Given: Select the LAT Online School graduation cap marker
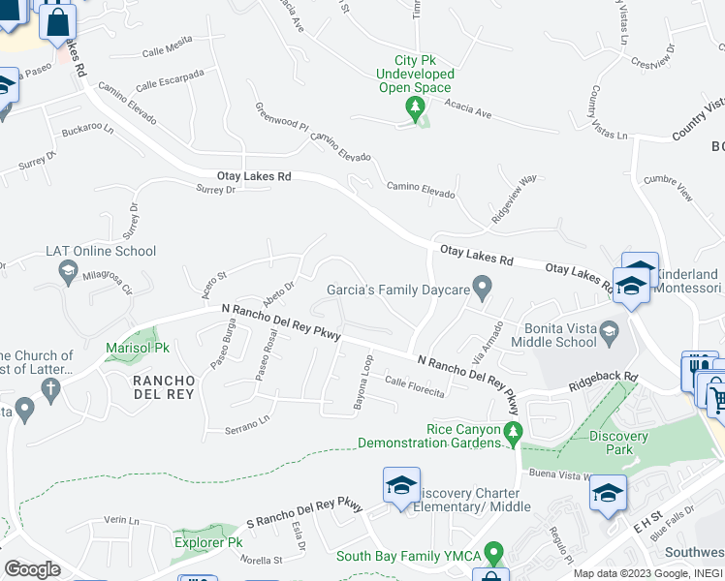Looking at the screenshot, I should coord(69,274).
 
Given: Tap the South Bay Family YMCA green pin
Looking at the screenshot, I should coord(494,555).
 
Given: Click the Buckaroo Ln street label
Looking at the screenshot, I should coord(88,128).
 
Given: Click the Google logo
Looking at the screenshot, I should coord(31,568).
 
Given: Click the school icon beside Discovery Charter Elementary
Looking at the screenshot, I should coord(401,487).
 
